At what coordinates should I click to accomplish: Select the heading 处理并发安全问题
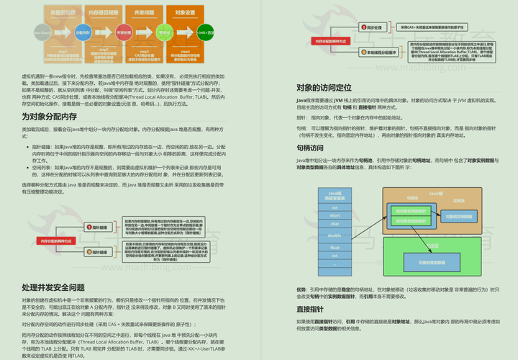click(53, 287)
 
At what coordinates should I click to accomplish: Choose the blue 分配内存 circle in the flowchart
click(81, 32)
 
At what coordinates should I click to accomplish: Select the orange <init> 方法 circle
click(204, 32)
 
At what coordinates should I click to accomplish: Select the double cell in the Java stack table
click(335, 235)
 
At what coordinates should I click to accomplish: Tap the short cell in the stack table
click(335, 215)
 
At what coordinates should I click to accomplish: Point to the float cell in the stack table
click(335, 247)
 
